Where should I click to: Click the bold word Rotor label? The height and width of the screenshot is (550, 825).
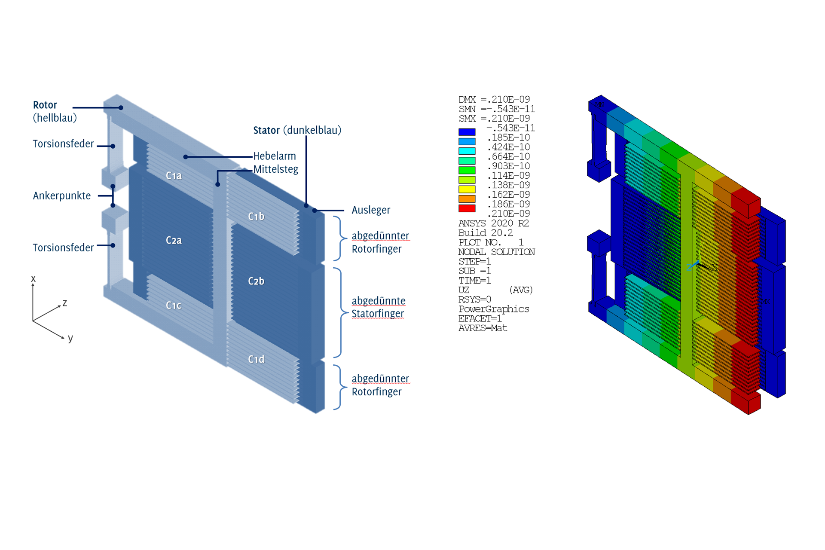click(x=45, y=105)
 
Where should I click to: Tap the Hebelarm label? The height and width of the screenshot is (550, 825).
click(x=275, y=156)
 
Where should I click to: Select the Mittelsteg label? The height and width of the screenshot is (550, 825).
click(x=276, y=169)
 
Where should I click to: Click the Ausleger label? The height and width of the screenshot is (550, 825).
click(x=371, y=210)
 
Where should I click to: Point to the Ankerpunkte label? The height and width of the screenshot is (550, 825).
click(x=62, y=196)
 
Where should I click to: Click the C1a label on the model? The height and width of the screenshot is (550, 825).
click(x=174, y=176)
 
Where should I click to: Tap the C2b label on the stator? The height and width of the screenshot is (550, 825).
click(x=256, y=281)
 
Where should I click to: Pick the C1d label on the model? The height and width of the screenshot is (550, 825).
click(x=256, y=359)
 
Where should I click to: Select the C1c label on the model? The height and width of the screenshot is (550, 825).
click(x=174, y=306)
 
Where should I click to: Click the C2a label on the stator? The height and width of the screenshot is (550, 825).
click(x=174, y=240)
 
